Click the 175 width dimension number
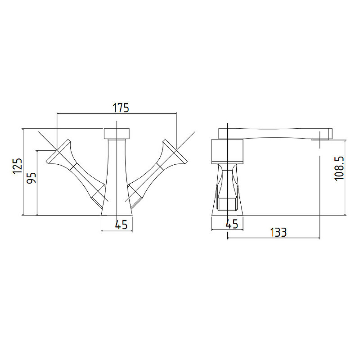pos(121,108)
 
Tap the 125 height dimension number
pos(18,166)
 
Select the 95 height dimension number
pos(31,178)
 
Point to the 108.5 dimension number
pos(339,168)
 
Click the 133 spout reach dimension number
pos(278,232)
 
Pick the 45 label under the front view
pos(121,225)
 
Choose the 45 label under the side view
pos(232,224)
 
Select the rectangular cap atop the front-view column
pos(117,134)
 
